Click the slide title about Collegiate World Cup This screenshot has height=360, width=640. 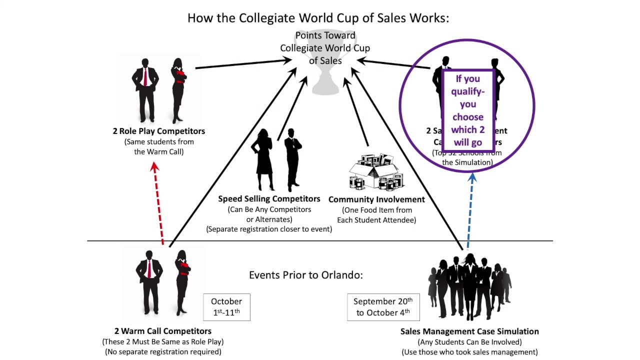click(x=318, y=18)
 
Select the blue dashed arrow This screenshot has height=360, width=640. click(x=470, y=210)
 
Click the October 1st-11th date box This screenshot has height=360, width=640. click(x=226, y=306)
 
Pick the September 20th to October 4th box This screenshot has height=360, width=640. click(x=383, y=306)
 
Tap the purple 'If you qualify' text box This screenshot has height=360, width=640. click(x=468, y=110)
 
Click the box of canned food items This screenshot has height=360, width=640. click(x=376, y=171)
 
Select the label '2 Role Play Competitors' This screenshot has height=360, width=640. click(x=158, y=131)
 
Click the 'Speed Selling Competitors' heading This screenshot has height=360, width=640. click(x=269, y=198)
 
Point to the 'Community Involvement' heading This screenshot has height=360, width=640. click(x=376, y=199)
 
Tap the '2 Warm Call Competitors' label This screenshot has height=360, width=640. click(x=162, y=331)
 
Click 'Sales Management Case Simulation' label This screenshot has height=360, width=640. click(x=469, y=331)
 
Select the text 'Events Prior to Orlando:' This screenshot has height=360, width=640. click(x=305, y=275)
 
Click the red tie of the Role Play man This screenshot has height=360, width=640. click(x=145, y=77)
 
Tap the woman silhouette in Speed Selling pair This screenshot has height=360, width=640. click(x=264, y=160)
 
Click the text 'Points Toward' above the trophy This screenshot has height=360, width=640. click(x=325, y=35)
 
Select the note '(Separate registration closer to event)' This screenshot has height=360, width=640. click(x=269, y=229)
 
